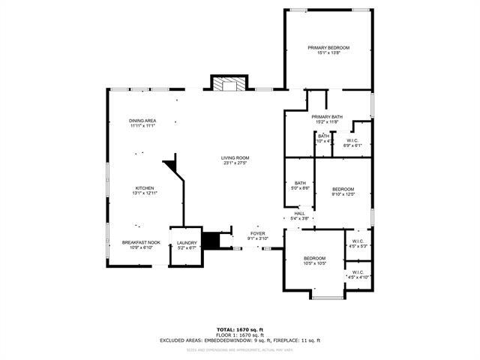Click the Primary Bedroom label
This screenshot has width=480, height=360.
328,50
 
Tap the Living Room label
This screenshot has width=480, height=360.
235,160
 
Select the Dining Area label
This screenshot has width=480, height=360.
142,124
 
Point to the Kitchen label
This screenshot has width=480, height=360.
145,190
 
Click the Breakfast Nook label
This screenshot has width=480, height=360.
142,244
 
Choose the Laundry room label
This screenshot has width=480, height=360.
187,245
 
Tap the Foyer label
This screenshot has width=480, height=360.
258,236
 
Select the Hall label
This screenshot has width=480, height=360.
299,216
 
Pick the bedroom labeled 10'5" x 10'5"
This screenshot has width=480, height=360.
314,260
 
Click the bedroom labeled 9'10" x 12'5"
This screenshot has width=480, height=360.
343,191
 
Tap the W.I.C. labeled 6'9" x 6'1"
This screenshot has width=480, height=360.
353,142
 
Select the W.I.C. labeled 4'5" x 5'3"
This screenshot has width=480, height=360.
358,244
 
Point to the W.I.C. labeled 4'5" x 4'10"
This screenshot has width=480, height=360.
358,274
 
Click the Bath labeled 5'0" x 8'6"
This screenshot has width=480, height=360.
300,186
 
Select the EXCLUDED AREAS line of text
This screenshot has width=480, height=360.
240,340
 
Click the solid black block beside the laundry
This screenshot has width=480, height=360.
212,241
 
